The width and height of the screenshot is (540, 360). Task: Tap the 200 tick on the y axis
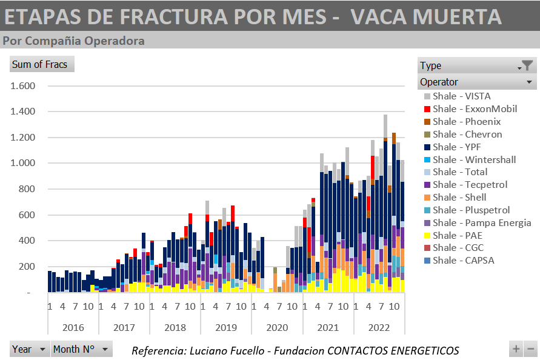[x=27, y=267]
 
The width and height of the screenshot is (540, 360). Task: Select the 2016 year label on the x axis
[x=73, y=328]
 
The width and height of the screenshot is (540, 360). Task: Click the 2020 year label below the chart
[x=277, y=328]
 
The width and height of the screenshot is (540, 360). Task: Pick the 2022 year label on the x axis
[x=379, y=328]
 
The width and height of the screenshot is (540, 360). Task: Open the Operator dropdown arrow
[x=529, y=82]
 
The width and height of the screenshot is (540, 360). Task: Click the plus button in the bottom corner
[x=516, y=349]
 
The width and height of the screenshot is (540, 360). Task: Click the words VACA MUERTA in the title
[x=426, y=16]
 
